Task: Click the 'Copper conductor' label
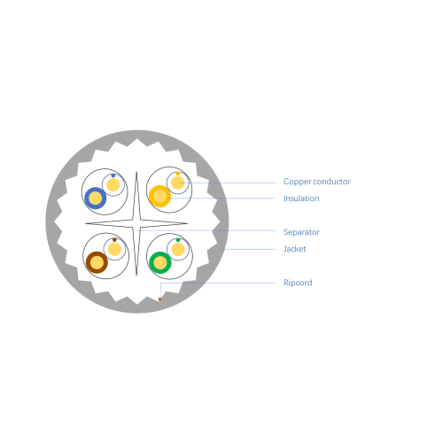click(x=317, y=182)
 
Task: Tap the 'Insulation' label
click(x=301, y=198)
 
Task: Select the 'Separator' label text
click(x=301, y=232)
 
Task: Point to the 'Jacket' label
click(x=294, y=249)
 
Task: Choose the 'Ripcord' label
click(x=298, y=283)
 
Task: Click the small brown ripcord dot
click(x=159, y=299)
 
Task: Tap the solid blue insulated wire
click(x=96, y=198)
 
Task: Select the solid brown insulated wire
click(x=97, y=262)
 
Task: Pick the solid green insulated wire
click(x=160, y=262)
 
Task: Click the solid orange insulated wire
click(x=159, y=196)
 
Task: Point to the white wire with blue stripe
click(x=113, y=185)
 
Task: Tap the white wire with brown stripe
click(x=114, y=249)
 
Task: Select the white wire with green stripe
click(x=178, y=249)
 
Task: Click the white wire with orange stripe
click(x=178, y=183)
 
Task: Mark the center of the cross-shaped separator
click(x=136, y=223)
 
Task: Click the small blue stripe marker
click(x=113, y=175)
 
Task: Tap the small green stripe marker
click(x=178, y=240)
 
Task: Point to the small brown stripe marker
click(x=114, y=239)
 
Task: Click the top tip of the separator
click(x=136, y=172)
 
